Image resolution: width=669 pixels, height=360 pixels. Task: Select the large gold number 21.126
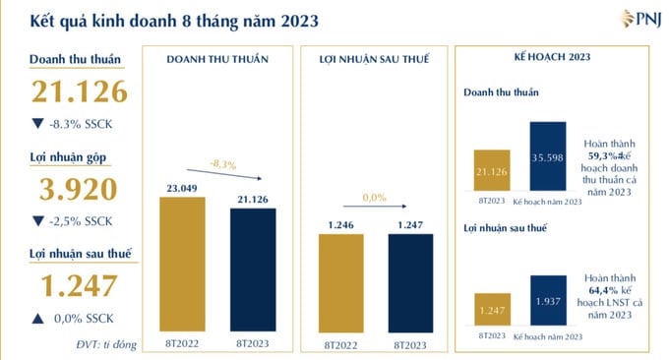click(80, 91)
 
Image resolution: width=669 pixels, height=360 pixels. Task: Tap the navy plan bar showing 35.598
click(547, 155)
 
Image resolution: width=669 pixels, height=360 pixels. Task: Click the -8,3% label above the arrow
click(222, 164)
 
